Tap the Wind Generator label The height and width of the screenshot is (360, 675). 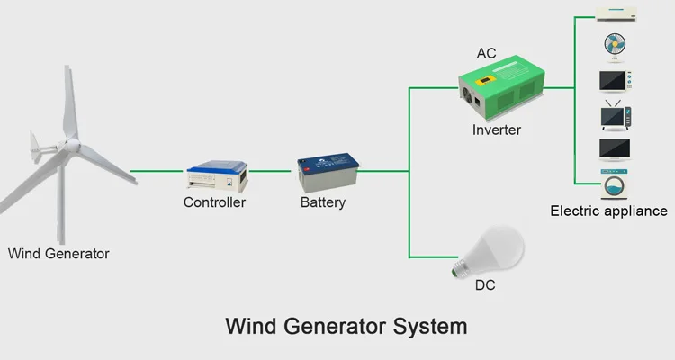(x=58, y=254)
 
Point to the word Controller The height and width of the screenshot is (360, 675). (x=214, y=202)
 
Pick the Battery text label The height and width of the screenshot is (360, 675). (x=322, y=202)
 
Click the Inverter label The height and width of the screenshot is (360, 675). (x=497, y=130)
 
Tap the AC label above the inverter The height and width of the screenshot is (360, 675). (x=486, y=54)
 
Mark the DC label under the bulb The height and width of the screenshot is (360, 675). (x=484, y=286)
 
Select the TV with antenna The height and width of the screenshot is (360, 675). (x=616, y=117)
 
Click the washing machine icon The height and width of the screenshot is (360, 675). (x=616, y=185)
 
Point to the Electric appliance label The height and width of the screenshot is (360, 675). (x=608, y=211)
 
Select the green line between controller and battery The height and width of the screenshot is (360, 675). (x=273, y=171)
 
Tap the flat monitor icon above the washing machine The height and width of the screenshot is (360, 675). (x=616, y=149)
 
